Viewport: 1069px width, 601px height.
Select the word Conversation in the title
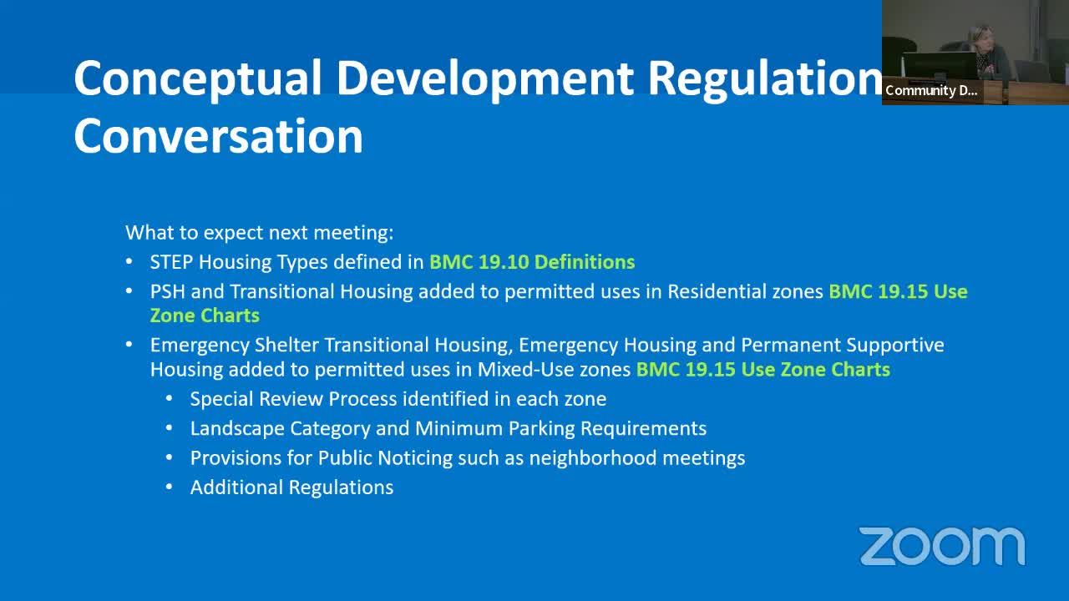click(218, 136)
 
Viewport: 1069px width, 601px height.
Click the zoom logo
click(942, 547)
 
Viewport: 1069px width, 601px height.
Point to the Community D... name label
click(931, 91)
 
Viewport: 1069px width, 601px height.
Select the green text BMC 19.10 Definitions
click(532, 262)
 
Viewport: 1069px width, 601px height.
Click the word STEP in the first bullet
click(171, 262)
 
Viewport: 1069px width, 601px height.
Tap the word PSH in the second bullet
click(167, 291)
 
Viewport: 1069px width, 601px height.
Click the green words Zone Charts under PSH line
click(205, 316)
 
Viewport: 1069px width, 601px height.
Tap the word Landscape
click(237, 429)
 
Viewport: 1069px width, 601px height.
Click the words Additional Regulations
click(291, 487)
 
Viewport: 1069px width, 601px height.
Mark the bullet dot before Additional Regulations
click(170, 487)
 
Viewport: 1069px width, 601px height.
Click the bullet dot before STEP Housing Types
click(129, 262)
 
